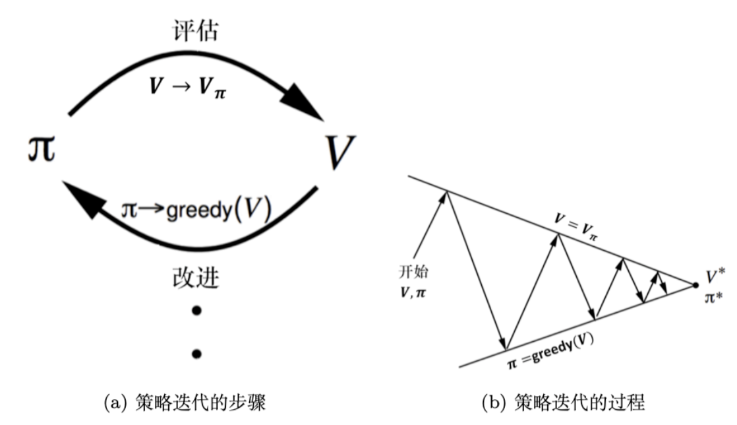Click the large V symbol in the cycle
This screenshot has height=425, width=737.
339,150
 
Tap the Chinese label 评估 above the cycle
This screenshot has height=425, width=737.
196,30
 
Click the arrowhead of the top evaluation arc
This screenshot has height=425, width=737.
305,105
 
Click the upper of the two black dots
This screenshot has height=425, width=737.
196,310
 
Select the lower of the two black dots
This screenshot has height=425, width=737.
196,353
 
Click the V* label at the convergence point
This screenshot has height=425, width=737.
715,275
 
